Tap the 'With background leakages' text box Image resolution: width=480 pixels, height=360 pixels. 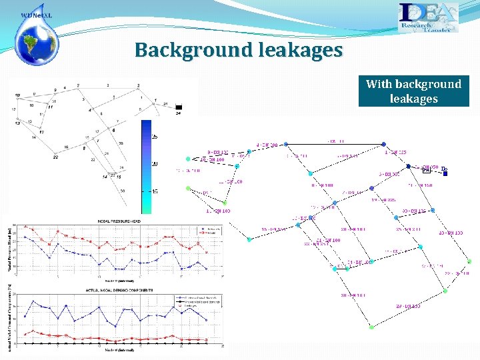point(413,91)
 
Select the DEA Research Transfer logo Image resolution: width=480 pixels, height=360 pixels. point(428,18)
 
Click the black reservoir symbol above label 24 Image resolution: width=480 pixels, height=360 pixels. point(178,107)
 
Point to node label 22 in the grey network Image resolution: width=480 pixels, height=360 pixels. point(55,157)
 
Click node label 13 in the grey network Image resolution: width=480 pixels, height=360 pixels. point(17,123)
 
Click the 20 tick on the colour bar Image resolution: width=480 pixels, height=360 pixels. point(155,163)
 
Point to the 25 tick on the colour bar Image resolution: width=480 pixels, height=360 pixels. point(155,136)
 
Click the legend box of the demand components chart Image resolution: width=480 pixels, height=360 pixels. point(201,300)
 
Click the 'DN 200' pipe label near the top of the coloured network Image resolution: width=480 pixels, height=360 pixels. point(268,145)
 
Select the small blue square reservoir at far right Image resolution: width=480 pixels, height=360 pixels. point(445,175)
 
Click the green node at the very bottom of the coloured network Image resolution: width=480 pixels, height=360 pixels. point(371,327)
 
